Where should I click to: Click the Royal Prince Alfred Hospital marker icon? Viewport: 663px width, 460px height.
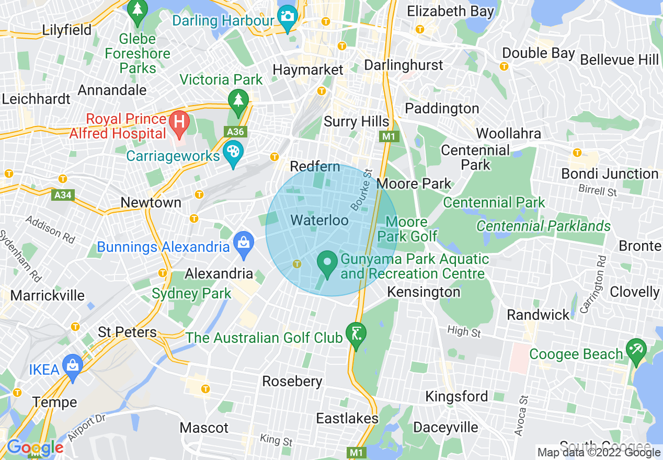pyautogui.click(x=179, y=124)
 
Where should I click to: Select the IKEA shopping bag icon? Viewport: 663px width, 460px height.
pyautogui.click(x=72, y=366)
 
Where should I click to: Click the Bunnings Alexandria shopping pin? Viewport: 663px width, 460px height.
pyautogui.click(x=243, y=244)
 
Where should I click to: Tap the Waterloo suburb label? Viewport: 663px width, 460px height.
pyautogui.click(x=319, y=220)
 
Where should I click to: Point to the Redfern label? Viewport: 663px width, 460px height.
pyautogui.click(x=315, y=167)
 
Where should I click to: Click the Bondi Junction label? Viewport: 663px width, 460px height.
pyautogui.click(x=610, y=174)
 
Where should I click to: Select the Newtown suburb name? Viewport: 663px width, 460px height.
pyautogui.click(x=151, y=202)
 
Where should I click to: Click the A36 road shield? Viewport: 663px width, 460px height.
pyautogui.click(x=234, y=132)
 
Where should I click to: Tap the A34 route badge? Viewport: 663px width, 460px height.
pyautogui.click(x=63, y=195)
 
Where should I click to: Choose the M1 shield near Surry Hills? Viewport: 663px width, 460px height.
pyautogui.click(x=390, y=136)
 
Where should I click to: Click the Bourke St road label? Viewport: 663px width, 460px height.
pyautogui.click(x=361, y=190)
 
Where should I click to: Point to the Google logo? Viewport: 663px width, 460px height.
pyautogui.click(x=35, y=448)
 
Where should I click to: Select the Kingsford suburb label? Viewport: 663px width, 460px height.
pyautogui.click(x=456, y=396)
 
